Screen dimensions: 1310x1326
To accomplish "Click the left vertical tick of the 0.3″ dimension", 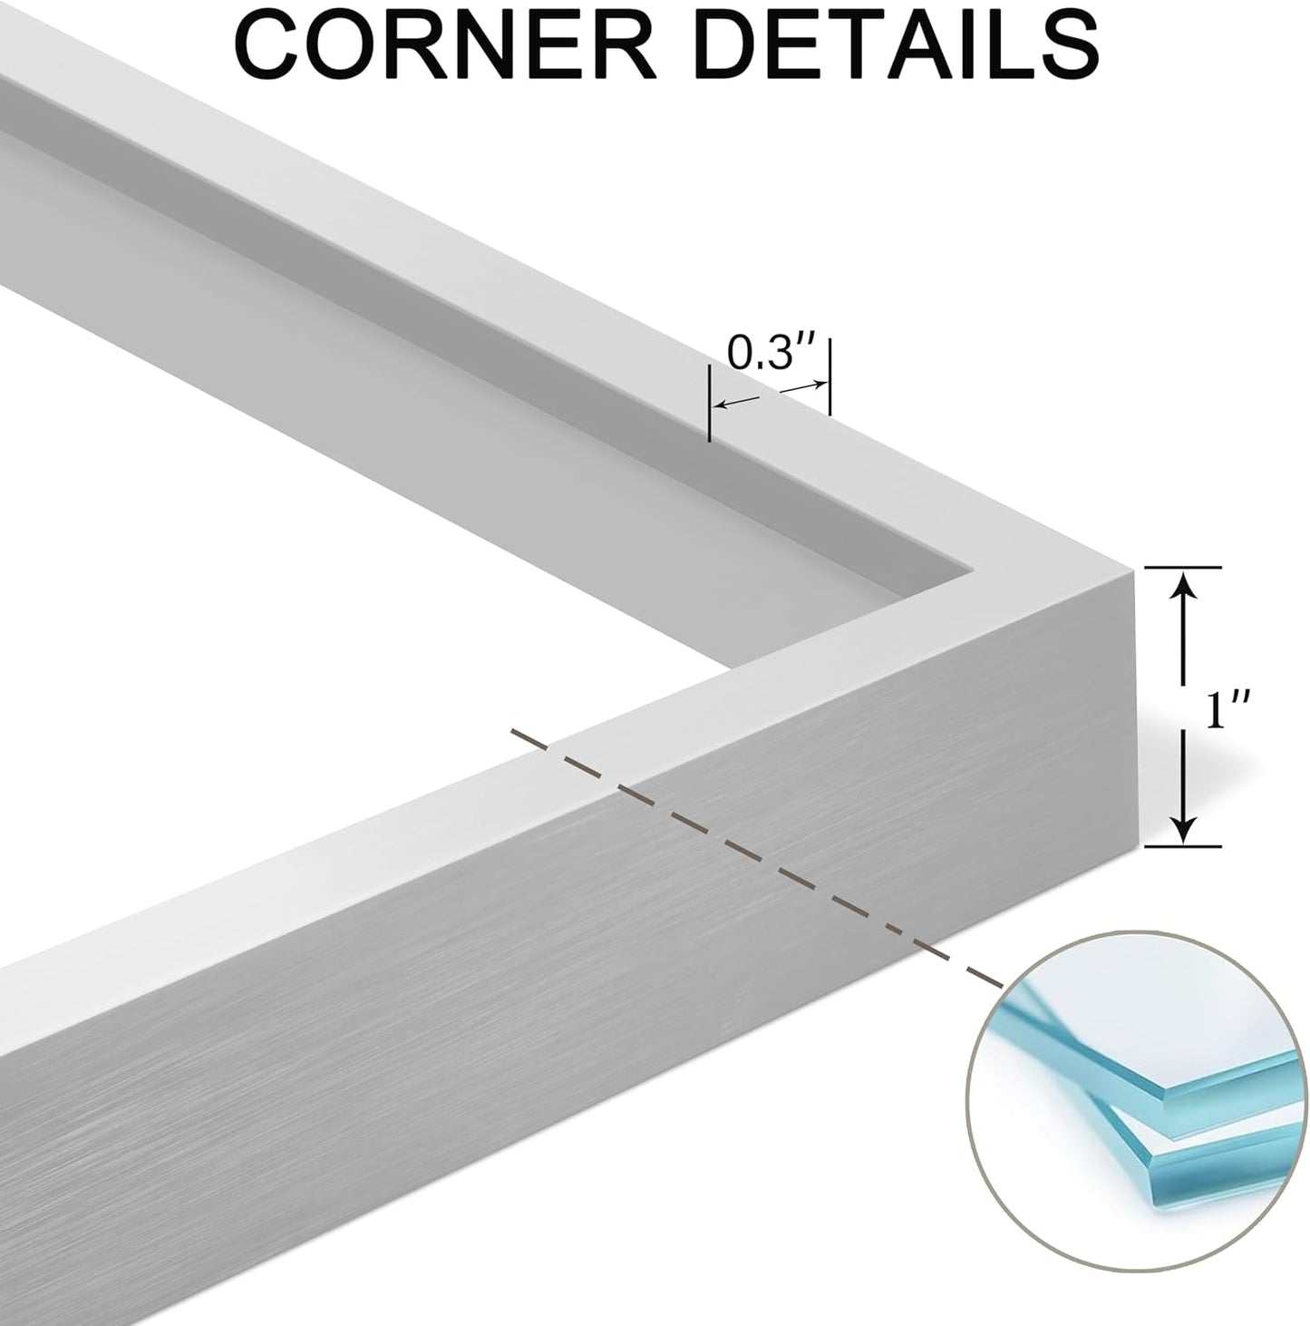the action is [709, 403].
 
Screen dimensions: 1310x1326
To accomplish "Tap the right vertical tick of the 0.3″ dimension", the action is [830, 377].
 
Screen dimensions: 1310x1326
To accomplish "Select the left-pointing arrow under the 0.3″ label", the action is [735, 402].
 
